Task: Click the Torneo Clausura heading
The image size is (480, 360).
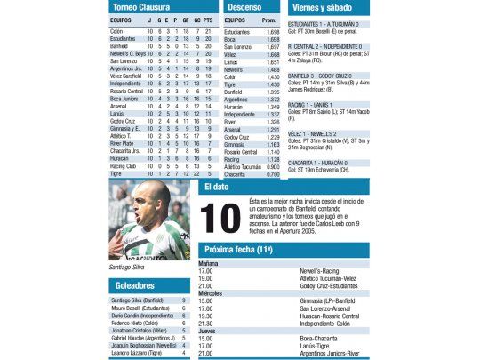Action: pyautogui.click(x=147, y=7)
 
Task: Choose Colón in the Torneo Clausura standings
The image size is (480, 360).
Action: pyautogui.click(x=116, y=31)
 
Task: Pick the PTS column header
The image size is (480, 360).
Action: pyautogui.click(x=207, y=19)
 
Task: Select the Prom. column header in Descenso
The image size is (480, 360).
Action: pyautogui.click(x=269, y=19)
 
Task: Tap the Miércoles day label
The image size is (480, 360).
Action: pyautogui.click(x=211, y=292)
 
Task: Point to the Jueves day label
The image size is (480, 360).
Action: pyautogui.click(x=208, y=330)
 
